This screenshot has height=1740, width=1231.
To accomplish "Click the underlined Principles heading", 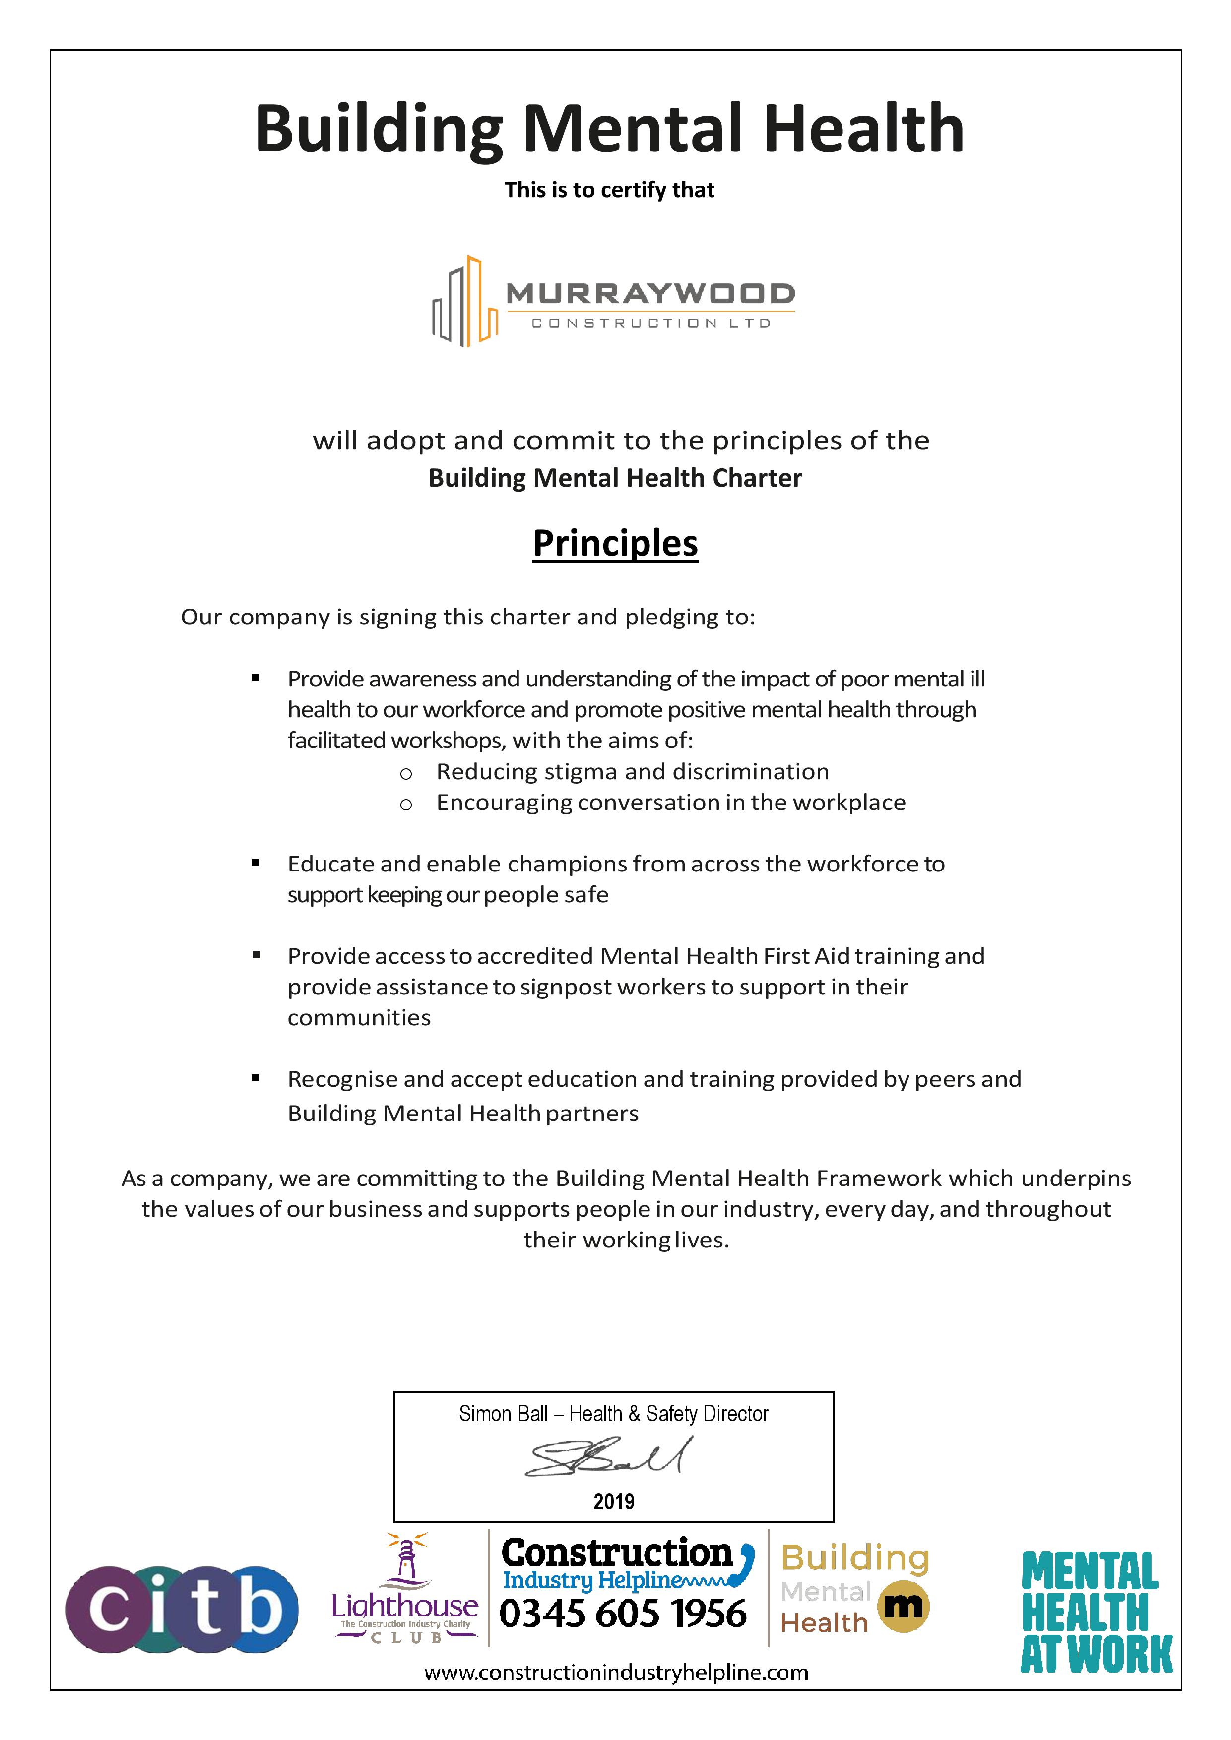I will [615, 543].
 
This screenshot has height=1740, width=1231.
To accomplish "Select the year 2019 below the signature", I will [613, 1501].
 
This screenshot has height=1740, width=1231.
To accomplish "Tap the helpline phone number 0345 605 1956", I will [623, 1614].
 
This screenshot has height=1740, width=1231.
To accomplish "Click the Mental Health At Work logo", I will [1096, 1611].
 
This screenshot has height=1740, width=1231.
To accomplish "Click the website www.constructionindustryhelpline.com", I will [615, 1673].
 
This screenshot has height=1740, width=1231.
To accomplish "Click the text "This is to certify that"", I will [609, 189].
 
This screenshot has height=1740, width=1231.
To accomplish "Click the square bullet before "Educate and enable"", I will [256, 863].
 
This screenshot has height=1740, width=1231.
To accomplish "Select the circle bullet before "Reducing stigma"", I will [406, 774].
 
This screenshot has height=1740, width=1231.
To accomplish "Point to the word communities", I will [359, 1018].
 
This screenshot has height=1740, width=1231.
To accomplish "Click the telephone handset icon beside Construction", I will [746, 1563].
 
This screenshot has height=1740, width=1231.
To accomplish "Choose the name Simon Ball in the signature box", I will [503, 1414].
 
